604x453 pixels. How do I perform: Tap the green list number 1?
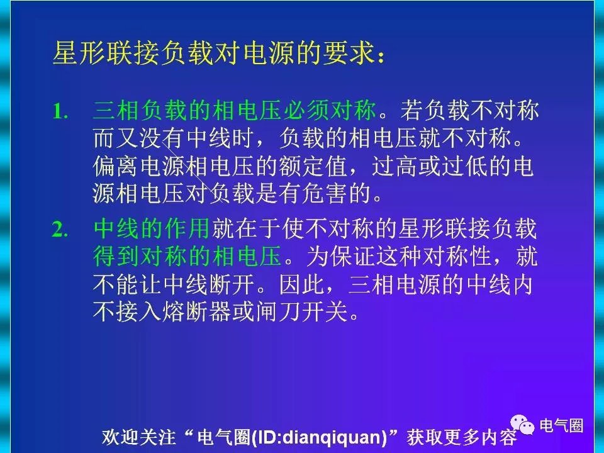point(60,112)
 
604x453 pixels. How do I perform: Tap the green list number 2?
point(60,230)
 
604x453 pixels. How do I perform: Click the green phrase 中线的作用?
point(152,229)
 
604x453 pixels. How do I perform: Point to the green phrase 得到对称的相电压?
point(187,256)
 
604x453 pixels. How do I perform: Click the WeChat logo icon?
point(522,424)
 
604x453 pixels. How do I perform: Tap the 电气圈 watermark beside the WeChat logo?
point(561,425)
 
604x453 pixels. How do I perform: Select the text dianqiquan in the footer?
point(332,437)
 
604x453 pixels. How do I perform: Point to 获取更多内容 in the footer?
point(462,437)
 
